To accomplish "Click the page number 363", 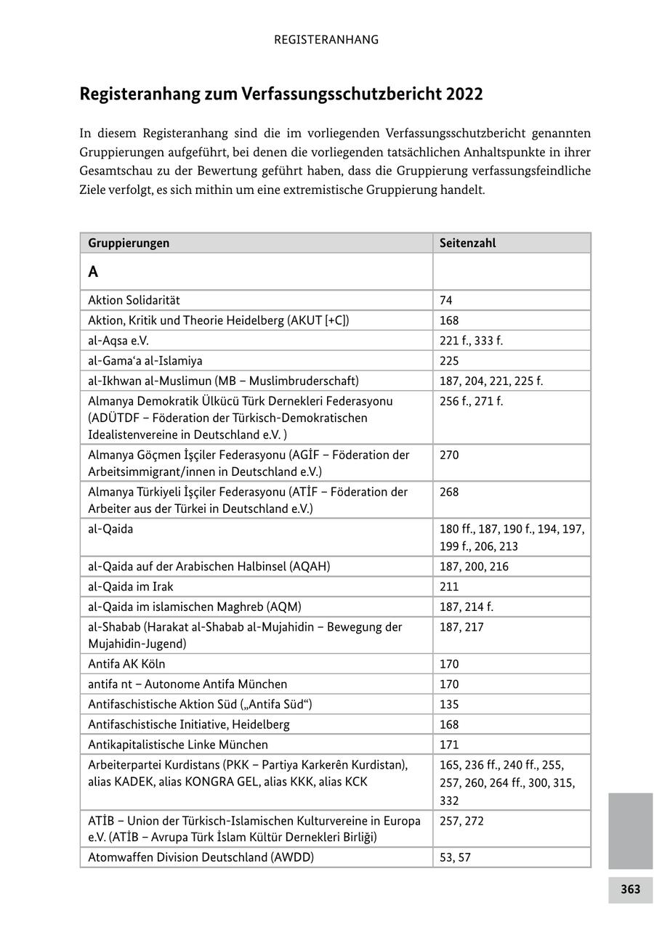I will (630, 889).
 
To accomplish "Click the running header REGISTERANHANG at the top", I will (326, 40).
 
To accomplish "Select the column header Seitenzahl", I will (467, 243).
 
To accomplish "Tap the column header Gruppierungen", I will (129, 243).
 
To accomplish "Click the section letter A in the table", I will (93, 272).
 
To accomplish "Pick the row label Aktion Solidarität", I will (134, 300).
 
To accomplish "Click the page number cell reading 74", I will (446, 300).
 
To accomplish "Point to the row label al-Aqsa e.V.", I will (118, 340).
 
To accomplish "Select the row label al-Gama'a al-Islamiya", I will (145, 360).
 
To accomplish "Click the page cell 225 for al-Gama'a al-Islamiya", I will (449, 360).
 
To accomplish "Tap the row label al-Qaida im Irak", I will (131, 586).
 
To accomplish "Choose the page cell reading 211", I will (449, 586).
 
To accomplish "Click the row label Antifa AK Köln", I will (126, 663).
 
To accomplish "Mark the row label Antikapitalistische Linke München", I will (178, 744).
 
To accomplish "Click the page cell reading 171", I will (449, 744).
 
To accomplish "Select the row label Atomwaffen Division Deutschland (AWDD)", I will (201, 857).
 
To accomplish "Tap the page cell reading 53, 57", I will (455, 857).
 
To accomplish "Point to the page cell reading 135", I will (449, 704).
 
